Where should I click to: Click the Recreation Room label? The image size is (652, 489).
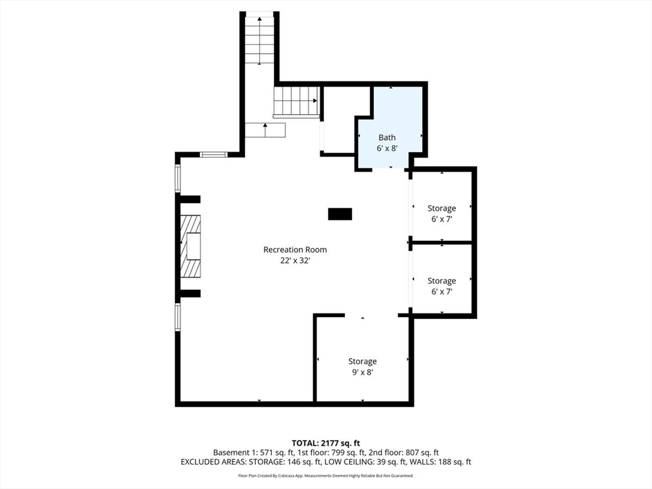point(295,250)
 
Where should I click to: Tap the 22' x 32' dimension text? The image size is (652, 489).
point(295,260)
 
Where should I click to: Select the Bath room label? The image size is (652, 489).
point(387,138)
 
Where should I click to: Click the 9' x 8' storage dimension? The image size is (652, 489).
point(362,372)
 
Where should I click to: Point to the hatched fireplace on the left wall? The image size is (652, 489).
point(190,246)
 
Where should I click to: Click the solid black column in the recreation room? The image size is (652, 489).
point(340,214)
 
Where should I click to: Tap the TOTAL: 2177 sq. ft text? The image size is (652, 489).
point(326,443)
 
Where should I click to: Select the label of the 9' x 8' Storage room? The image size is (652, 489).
point(362,362)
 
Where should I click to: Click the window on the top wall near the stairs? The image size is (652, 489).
point(213,154)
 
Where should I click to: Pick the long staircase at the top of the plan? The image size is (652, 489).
point(260,39)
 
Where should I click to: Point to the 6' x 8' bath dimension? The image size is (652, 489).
point(387,148)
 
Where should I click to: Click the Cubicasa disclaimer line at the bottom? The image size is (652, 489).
point(326,476)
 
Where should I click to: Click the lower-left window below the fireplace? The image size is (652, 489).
point(178,316)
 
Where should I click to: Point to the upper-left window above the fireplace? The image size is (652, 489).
point(178,179)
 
